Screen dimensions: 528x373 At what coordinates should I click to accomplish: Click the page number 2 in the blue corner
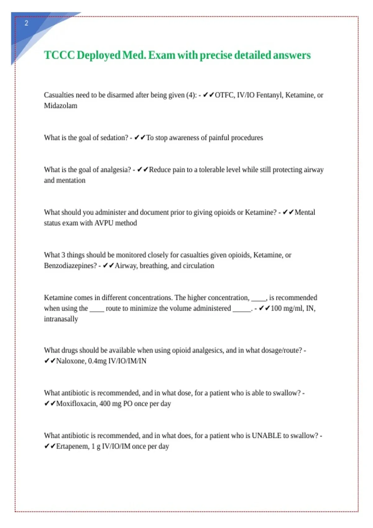coord(26,23)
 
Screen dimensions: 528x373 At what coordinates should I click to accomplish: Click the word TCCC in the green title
coord(59,55)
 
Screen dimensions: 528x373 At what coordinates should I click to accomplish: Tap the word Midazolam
coord(61,106)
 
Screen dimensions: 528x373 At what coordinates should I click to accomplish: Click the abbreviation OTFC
coord(225,95)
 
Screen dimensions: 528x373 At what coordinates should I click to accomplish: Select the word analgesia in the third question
coord(116,170)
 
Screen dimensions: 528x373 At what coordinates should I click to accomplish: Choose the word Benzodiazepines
coord(70,266)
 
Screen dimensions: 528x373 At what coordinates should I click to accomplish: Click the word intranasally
coord(61,319)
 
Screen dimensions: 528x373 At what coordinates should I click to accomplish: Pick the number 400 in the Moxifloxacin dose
coord(105,404)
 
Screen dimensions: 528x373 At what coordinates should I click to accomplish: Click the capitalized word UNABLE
coord(266,436)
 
